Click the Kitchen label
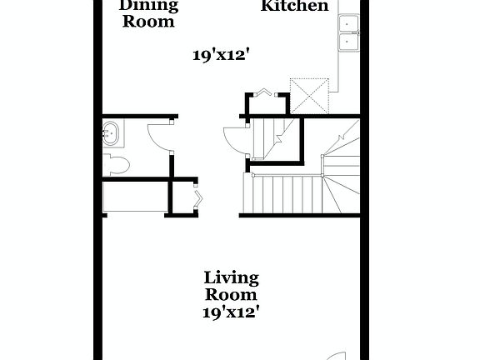[x=294, y=7]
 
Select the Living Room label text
[x=231, y=286]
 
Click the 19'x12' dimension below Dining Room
[x=221, y=56]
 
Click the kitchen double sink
[x=347, y=34]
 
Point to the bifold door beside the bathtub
[x=198, y=198]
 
